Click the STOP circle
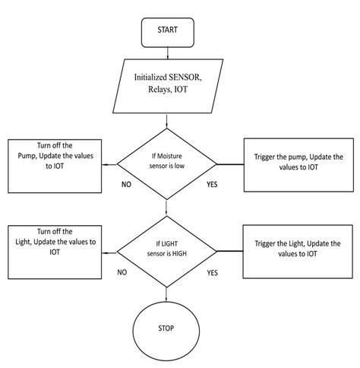tap(166, 329)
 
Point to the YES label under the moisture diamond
tap(213, 183)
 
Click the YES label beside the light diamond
tap(213, 271)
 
